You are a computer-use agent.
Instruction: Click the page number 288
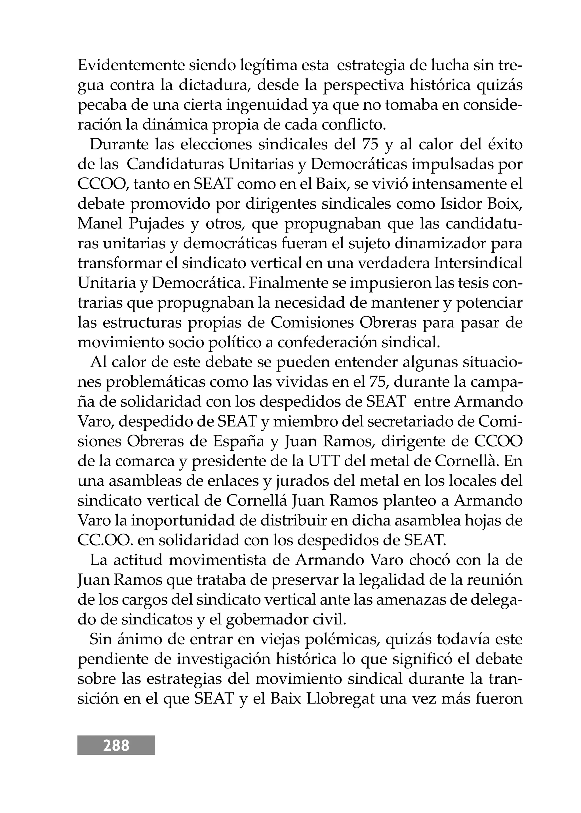point(116,745)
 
